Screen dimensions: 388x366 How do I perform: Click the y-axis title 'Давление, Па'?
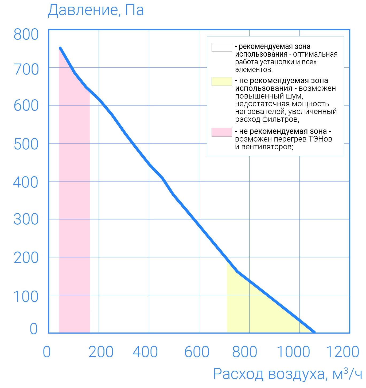pos(96,11)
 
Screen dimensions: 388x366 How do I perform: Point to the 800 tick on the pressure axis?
pos(26,35)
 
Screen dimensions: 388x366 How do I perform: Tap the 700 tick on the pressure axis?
pos(26,70)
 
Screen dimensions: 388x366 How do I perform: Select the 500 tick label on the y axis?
pos(26,144)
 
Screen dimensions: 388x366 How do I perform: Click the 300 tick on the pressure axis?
pos(26,220)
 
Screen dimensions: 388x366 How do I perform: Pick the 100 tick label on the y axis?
pos(26,297)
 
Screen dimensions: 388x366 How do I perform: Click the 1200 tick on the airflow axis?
pos(342,352)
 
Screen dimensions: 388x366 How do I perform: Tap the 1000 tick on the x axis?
pos(293,352)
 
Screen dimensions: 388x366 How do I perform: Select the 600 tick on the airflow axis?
pos(197,352)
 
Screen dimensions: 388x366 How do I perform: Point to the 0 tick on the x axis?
pos(47,352)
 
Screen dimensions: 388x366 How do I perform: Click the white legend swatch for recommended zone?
pos(222,47)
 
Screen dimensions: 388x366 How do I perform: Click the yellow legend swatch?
pos(222,81)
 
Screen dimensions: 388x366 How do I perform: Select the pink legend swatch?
pos(222,132)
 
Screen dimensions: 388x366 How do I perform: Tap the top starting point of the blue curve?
pos(60,48)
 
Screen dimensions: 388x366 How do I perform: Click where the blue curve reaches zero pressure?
pos(314,332)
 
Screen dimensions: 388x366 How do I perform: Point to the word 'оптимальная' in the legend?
pos(315,54)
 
